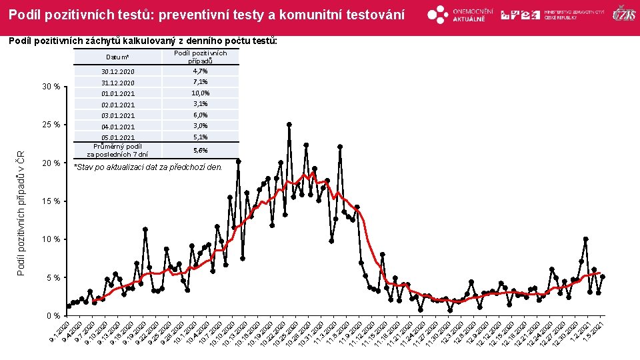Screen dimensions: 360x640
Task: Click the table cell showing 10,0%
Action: [200, 93]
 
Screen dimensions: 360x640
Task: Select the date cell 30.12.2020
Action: [118, 71]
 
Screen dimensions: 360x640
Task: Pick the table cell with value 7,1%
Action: [200, 82]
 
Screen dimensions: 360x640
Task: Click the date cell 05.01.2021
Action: [118, 137]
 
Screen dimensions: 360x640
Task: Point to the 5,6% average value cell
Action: [200, 151]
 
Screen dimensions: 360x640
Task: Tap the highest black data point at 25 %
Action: [289, 124]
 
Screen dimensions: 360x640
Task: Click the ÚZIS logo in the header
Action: [623, 14]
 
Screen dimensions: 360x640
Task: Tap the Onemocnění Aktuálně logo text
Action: [473, 15]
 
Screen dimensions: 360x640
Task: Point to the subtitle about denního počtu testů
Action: [141, 41]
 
